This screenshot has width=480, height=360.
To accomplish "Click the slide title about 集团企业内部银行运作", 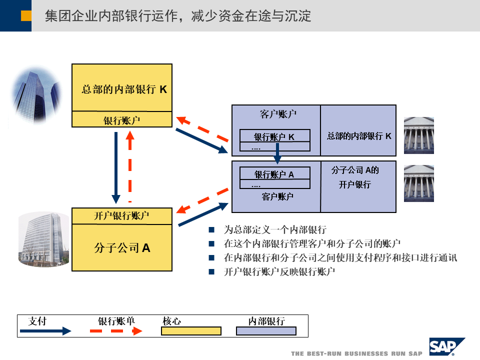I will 177,16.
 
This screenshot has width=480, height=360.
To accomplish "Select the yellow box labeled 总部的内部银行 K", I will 122,88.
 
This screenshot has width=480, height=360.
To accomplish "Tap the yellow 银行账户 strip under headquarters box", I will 122,120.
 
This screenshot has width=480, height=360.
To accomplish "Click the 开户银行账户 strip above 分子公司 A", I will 122,215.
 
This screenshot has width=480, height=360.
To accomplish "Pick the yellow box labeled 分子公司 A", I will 122,247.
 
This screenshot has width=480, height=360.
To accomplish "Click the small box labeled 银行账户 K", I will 274,136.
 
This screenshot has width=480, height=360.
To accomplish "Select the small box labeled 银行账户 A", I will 274,174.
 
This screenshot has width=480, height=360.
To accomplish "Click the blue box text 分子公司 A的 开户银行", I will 355,177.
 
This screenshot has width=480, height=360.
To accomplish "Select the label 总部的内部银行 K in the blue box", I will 359,136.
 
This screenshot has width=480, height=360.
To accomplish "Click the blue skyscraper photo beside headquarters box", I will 35,95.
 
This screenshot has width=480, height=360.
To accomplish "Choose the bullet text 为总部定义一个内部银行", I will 275,230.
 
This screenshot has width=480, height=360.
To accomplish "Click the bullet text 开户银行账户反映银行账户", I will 279,272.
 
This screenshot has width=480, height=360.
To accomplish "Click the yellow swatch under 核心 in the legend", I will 191,331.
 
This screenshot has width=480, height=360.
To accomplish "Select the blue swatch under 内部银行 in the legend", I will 266,331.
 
